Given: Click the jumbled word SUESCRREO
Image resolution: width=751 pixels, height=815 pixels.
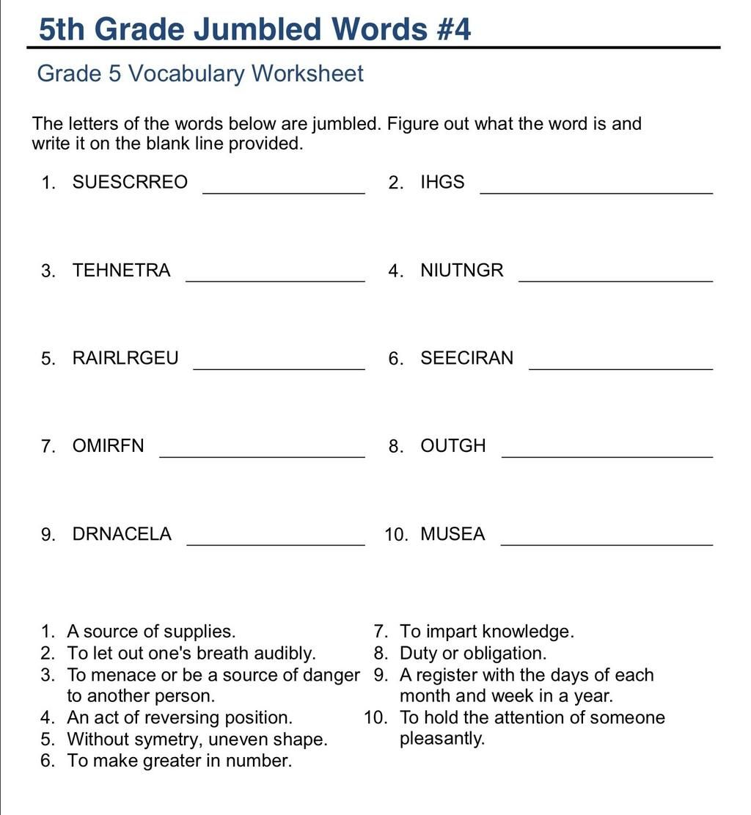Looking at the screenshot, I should [x=130, y=183].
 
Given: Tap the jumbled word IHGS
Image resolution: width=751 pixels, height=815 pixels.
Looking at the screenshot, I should [x=442, y=183].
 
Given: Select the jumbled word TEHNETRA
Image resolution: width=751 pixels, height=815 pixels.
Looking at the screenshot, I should [x=121, y=271].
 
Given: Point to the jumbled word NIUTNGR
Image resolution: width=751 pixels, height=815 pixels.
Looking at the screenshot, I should [x=462, y=271].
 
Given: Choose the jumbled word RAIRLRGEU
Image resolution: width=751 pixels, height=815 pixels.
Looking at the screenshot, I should [x=125, y=359].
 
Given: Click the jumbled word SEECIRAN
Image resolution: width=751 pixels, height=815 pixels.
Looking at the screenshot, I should [x=467, y=359].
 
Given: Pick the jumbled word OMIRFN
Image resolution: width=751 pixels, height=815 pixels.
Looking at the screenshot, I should [x=109, y=446].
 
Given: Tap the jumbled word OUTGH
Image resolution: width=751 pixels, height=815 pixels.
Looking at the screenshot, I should [x=453, y=446].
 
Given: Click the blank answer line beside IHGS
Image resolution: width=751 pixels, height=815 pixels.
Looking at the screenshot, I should [x=596, y=192].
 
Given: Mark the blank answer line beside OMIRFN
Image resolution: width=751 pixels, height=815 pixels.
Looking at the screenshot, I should [x=262, y=456].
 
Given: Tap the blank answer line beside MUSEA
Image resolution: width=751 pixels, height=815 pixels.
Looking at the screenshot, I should [x=606, y=544].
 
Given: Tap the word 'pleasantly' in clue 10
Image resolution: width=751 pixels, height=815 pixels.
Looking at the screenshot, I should [x=442, y=739].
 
